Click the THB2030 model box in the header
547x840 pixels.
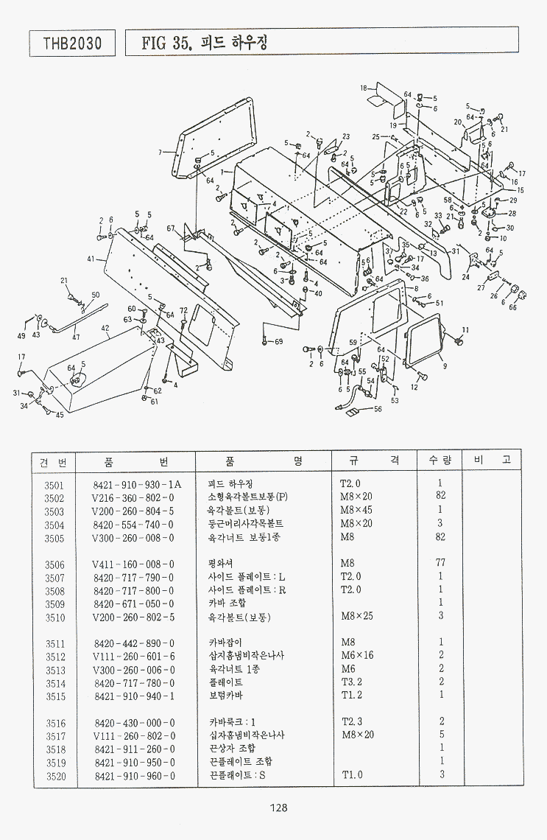tap(72, 43)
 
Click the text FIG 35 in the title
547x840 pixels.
tap(168, 43)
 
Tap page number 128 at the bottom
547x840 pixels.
tap(278, 808)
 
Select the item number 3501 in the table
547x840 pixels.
tap(54, 485)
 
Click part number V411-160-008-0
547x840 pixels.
tap(133, 564)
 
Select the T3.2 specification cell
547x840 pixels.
tap(351, 682)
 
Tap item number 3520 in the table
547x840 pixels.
tap(55, 776)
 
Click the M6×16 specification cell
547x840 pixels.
tap(356, 656)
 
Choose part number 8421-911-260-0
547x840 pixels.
tap(135, 749)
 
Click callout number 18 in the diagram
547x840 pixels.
tap(364, 88)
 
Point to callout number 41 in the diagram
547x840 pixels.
tap(91, 259)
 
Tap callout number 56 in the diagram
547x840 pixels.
tap(378, 409)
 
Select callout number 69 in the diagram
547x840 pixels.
tap(278, 341)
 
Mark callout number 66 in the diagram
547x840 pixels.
tap(512, 307)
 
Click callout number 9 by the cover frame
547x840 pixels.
tap(444, 365)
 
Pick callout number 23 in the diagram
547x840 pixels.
tap(346, 137)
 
